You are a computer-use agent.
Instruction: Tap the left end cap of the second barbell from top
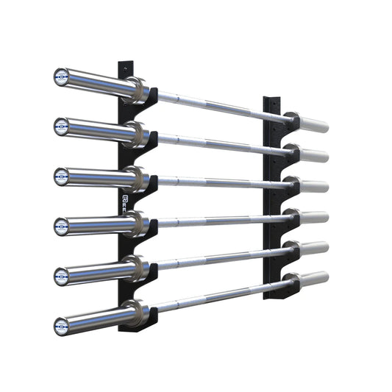(x=61, y=126)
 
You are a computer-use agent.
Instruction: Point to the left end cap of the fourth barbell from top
(x=61, y=226)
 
